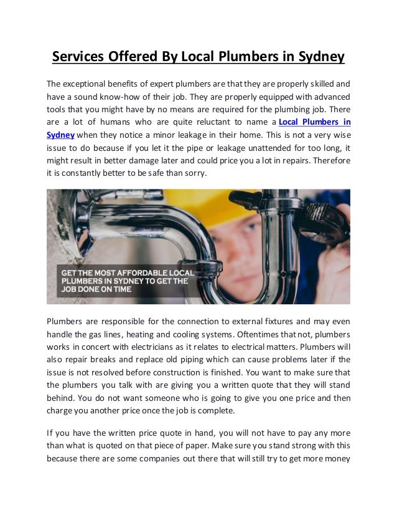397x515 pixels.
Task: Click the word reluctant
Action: pyautogui.click(x=217, y=122)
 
